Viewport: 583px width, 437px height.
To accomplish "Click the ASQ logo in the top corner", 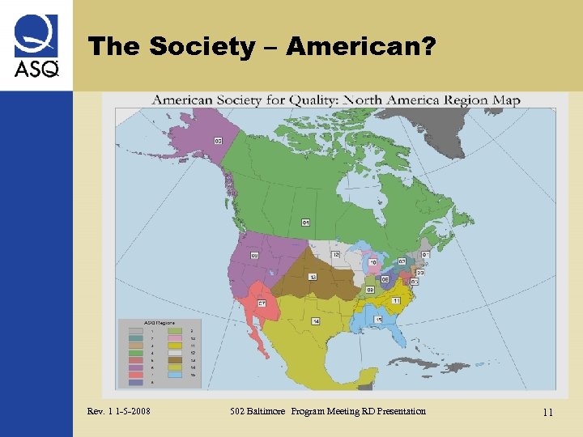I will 36,47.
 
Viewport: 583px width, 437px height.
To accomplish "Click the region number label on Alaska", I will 219,141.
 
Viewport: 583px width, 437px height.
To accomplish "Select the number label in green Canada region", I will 305,222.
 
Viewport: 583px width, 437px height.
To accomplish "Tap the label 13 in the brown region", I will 313,277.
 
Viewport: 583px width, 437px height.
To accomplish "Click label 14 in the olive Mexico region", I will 316,321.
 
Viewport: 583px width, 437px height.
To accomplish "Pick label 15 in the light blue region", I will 378,320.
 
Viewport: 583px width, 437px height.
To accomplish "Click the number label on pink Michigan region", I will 373,261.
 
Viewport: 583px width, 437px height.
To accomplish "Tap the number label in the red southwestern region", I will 262,303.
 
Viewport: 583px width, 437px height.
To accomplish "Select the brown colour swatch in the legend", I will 174,359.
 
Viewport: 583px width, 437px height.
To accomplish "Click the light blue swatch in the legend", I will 174,375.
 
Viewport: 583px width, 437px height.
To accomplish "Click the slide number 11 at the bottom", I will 547,413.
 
